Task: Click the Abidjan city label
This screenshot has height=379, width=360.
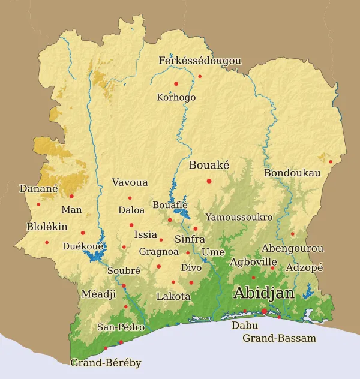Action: (264, 293)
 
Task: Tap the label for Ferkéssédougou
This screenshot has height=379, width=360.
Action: (200, 61)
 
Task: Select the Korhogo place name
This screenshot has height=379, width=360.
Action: (176, 97)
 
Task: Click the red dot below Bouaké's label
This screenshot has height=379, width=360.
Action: (209, 181)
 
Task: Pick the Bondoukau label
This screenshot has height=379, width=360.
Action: (292, 173)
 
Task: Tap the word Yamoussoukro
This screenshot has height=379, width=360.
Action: (239, 217)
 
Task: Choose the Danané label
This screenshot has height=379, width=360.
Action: (38, 188)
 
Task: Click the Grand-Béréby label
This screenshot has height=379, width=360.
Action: (106, 363)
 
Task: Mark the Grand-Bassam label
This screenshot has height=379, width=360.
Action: (279, 339)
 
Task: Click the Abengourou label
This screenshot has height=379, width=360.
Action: (293, 248)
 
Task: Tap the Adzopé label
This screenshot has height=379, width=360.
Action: (305, 267)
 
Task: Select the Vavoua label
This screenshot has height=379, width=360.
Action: (130, 182)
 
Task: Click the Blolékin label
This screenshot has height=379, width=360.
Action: (47, 227)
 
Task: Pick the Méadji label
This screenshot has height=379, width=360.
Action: (98, 294)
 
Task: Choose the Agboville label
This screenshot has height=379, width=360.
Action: (253, 262)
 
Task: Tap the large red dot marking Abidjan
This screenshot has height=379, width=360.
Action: (264, 311)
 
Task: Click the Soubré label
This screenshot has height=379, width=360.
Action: (124, 270)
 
